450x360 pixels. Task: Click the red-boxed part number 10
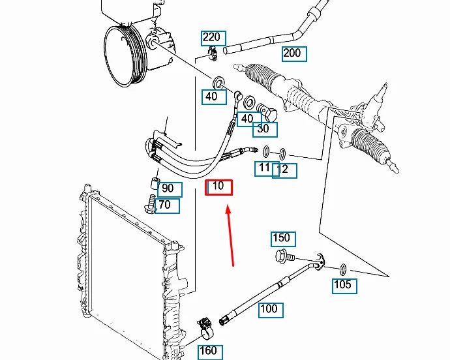tap(218, 187)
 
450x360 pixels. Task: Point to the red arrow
tap(230, 235)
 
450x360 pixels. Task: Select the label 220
tap(213, 38)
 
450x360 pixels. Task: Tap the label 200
tap(294, 54)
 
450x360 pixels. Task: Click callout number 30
tap(265, 130)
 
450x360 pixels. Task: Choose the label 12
tap(284, 170)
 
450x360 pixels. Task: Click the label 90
tap(170, 190)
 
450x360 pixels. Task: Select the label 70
tap(167, 206)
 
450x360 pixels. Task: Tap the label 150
tap(283, 239)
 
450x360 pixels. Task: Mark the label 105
tap(344, 286)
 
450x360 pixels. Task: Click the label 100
tap(271, 310)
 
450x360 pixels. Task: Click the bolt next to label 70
tap(150, 204)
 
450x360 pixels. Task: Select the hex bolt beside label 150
tap(285, 256)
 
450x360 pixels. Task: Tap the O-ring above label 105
tap(343, 269)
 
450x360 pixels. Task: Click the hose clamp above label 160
tap(206, 329)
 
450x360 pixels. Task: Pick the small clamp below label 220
tap(212, 53)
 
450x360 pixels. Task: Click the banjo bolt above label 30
tap(267, 113)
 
